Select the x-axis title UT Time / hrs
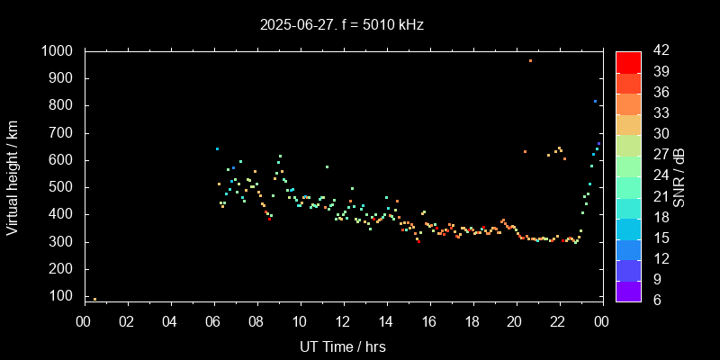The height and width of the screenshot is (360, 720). point(342,346)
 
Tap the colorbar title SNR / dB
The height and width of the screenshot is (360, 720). point(679,175)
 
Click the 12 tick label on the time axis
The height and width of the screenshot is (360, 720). point(343,322)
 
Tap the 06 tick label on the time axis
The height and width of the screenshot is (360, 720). point(213,322)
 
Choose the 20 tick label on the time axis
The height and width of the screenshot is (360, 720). point(515,322)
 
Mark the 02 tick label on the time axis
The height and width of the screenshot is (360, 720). point(127,322)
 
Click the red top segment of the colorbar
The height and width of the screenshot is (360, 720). point(628,61)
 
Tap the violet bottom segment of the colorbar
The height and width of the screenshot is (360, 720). point(628,290)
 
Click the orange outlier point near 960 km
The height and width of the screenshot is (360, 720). point(530,60)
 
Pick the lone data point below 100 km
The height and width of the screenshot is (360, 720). point(94,299)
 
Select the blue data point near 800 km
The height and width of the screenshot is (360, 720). point(595,102)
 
